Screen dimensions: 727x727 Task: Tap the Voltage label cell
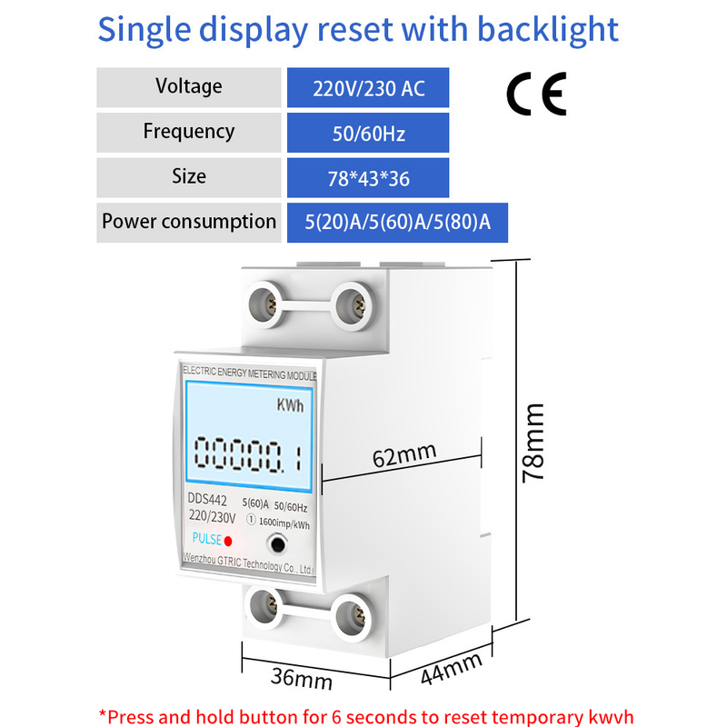point(188,87)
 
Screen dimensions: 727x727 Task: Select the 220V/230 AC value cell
point(368,89)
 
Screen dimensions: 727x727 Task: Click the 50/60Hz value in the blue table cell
point(368,134)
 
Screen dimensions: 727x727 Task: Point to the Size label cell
point(188,176)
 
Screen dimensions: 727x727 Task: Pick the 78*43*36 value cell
point(368,178)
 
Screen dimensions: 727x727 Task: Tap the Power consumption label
point(188,222)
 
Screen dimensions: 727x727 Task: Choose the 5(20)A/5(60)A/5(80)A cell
point(397,223)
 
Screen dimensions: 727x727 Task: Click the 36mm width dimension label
point(301,677)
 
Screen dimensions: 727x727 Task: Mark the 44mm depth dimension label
point(451,671)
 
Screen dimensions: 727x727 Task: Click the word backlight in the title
point(549,29)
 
